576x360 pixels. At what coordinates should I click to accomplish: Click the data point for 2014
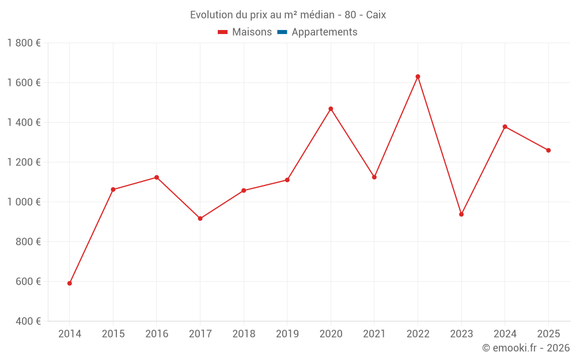click(x=70, y=283)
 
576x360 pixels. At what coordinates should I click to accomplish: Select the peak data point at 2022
click(x=418, y=77)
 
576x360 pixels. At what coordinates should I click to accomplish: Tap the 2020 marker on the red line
click(x=331, y=109)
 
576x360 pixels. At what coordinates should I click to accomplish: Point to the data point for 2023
click(x=461, y=214)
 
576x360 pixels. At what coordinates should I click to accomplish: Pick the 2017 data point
click(x=200, y=219)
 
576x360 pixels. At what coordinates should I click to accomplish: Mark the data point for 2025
click(x=548, y=150)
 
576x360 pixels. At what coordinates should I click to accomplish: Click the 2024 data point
click(x=505, y=127)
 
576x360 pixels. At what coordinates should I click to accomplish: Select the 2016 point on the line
click(x=157, y=177)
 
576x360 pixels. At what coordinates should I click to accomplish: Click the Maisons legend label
click(x=252, y=32)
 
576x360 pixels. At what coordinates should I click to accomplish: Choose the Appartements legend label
click(x=324, y=32)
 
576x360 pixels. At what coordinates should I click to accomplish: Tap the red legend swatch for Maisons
click(x=223, y=32)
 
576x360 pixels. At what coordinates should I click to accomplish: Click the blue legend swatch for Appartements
click(x=282, y=32)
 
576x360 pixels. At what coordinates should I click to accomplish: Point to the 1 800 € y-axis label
click(x=24, y=43)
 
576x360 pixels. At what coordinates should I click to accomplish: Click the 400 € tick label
click(x=27, y=321)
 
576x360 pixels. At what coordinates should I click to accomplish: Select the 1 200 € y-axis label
click(x=24, y=162)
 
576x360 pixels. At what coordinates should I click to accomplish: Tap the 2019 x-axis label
click(x=287, y=334)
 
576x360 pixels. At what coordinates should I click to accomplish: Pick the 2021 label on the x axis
click(x=374, y=334)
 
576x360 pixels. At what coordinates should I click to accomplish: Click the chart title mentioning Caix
click(x=288, y=15)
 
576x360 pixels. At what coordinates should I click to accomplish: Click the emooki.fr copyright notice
click(x=525, y=348)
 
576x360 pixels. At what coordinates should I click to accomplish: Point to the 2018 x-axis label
click(x=244, y=334)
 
